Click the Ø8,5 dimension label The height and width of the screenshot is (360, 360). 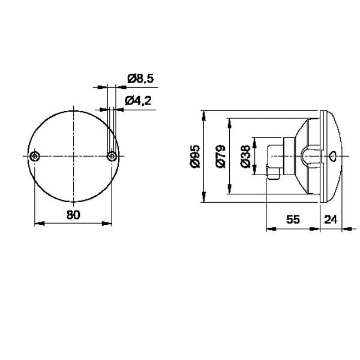tap(140, 79)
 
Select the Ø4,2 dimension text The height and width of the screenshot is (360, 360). tap(138, 101)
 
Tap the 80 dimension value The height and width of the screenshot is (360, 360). tap(73, 215)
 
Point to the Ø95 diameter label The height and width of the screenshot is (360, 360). tap(196, 156)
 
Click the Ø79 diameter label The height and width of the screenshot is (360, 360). tap(221, 156)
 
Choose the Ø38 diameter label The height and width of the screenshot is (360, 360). tap(245, 156)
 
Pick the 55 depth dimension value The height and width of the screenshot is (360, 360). tap(293, 220)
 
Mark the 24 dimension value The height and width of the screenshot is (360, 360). tap(331, 220)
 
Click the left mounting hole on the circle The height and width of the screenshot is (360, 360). tap(35, 157)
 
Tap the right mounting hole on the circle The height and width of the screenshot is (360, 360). tap(112, 157)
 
